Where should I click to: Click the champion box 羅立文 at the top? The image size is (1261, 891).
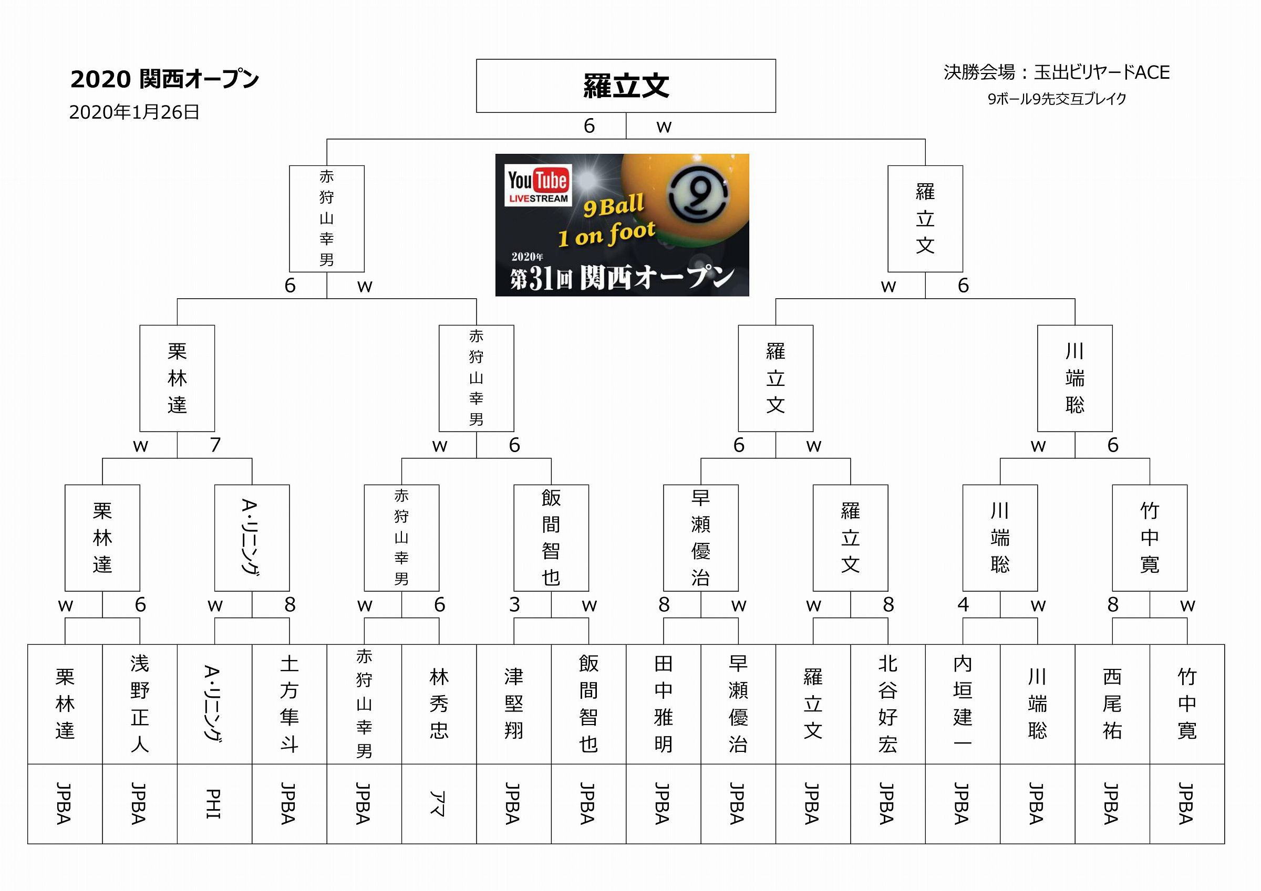(x=626, y=86)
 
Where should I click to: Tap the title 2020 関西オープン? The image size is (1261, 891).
(x=164, y=79)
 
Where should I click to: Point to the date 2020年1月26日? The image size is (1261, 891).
(x=134, y=112)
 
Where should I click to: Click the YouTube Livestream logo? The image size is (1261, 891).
(x=538, y=184)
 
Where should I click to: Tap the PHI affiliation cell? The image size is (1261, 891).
(x=215, y=804)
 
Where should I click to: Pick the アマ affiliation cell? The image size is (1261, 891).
(x=439, y=804)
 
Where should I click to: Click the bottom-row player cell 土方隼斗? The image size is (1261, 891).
(x=290, y=704)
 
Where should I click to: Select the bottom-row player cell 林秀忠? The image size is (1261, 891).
(x=439, y=704)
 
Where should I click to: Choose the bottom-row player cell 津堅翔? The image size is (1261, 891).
(x=513, y=704)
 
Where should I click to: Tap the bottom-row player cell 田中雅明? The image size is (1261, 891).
(x=664, y=704)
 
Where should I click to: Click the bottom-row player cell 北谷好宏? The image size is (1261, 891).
(x=887, y=704)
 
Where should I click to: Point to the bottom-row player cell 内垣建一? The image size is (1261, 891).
(x=962, y=704)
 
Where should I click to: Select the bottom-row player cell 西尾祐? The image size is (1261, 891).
(x=1112, y=704)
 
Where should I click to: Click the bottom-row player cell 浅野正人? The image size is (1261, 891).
(x=140, y=704)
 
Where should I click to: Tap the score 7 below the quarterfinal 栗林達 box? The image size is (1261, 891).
(x=215, y=445)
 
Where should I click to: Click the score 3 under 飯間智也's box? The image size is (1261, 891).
(x=514, y=604)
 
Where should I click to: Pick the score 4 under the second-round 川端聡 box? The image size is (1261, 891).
(x=963, y=604)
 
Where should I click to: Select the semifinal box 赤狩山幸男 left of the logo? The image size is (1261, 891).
(x=327, y=218)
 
